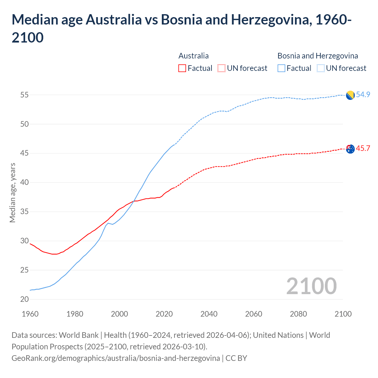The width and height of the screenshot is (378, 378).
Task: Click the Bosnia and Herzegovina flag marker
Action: (x=350, y=95)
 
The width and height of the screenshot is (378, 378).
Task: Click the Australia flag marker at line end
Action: (x=350, y=149)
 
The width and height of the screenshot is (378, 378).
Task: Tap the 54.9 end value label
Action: (x=363, y=94)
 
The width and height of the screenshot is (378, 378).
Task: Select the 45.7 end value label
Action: (x=363, y=148)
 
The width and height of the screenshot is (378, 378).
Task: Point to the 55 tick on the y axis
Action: (x=25, y=95)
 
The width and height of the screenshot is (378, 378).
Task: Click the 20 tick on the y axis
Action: (x=25, y=299)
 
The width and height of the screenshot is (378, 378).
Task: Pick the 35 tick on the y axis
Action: (x=25, y=212)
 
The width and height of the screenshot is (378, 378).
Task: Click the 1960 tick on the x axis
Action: (x=30, y=314)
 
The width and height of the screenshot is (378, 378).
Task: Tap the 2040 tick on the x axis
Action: (x=209, y=314)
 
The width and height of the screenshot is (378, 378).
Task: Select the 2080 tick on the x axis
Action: (x=298, y=314)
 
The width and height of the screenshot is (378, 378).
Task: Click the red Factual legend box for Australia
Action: (x=182, y=68)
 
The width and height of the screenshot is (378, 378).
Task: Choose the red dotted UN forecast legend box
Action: (x=221, y=68)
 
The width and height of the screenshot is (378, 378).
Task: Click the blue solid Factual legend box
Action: (x=281, y=68)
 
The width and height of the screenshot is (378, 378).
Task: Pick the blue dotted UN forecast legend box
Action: (x=321, y=68)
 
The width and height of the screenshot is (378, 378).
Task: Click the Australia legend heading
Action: (x=193, y=56)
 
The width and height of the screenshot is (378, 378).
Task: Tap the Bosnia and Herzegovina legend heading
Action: (x=317, y=56)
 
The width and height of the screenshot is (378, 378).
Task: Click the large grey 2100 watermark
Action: (x=311, y=286)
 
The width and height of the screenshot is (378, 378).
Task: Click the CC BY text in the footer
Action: (x=236, y=358)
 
